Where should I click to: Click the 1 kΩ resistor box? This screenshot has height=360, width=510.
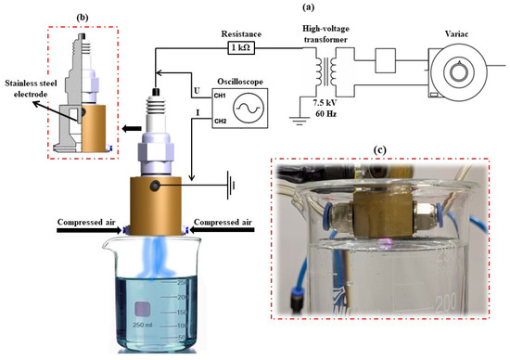coord(241,48)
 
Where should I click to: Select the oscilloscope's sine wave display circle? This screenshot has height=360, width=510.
coord(249,108)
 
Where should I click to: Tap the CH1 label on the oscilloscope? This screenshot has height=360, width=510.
coord(220,96)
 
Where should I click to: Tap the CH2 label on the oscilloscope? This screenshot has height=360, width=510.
coord(220,122)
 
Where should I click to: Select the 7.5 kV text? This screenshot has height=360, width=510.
coord(325,104)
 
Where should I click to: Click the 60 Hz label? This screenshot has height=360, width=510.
coord(325,114)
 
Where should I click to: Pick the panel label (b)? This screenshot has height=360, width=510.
coord(83,18)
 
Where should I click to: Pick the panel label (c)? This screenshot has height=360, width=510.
coord(380,150)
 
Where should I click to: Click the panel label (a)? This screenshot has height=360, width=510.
coord(309,7)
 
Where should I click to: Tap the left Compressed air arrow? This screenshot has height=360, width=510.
coord(89,230)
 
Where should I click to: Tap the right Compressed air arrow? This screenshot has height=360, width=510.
coord(223,230)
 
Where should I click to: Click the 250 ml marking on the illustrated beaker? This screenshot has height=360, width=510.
coord(143,325)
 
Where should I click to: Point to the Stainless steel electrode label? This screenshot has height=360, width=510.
coord(31,89)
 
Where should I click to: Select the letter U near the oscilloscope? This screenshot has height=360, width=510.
coord(197,91)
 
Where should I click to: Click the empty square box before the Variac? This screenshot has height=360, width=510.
coord(386,60)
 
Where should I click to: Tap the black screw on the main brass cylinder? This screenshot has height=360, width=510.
coord(154,186)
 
